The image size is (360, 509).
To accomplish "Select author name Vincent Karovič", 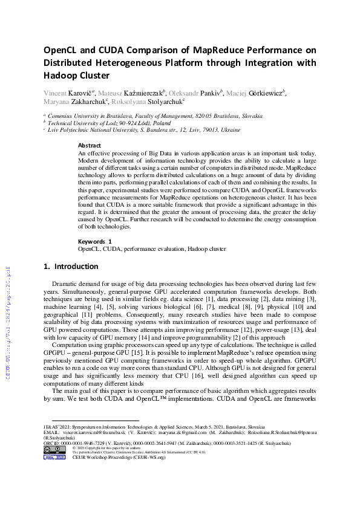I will click(x=65, y=92).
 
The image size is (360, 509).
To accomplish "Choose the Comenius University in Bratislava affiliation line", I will click(x=155, y=115).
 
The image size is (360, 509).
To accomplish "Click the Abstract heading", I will click(x=90, y=146).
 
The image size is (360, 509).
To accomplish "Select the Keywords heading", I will click(x=95, y=241).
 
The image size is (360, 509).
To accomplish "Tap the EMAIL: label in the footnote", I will click(x=51, y=433).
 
